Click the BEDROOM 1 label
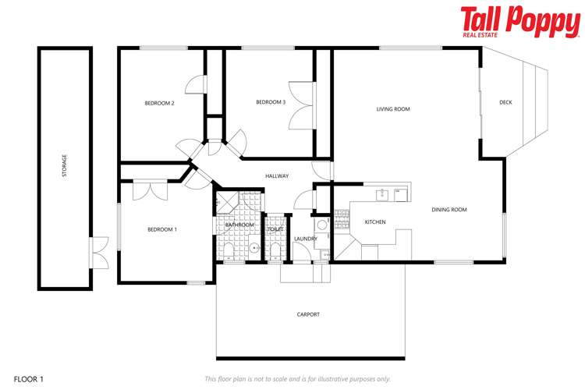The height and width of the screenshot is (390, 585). (162, 229)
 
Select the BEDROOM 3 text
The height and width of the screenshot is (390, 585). (271, 102)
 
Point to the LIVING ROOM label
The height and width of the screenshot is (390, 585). (393, 109)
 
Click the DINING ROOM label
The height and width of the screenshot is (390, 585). (449, 209)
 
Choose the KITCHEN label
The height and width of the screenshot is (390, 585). (375, 222)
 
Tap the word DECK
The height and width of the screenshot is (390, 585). (505, 102)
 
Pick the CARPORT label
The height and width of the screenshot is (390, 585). (308, 314)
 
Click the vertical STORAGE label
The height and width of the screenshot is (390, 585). (64, 166)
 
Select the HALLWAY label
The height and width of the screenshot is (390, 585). (277, 176)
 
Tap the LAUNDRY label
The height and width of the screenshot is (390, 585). (305, 239)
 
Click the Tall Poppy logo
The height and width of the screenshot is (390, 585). (519, 22)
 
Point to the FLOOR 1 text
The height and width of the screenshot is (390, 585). (28, 379)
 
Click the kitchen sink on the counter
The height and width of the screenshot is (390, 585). (382, 194)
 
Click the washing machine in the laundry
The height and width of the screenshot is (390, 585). (321, 225)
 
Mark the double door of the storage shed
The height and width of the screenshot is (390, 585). (97, 252)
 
